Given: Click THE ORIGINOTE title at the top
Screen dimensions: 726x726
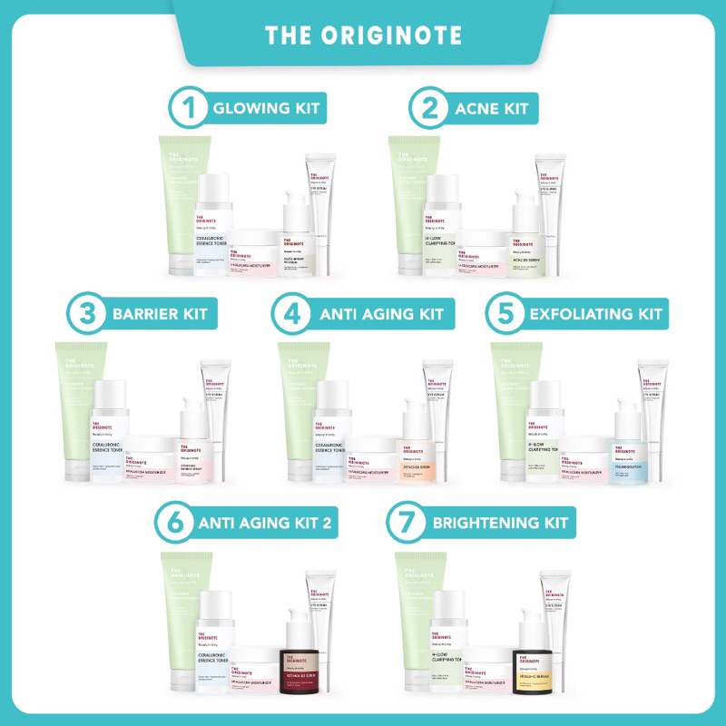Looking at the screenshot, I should coord(363,35).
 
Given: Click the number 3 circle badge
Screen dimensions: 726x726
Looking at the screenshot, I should coord(87,315).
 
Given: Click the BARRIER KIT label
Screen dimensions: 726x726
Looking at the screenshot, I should coord(160,315).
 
